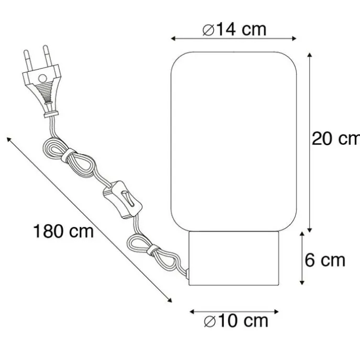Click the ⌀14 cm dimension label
(x=234, y=29)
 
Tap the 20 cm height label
(x=336, y=139)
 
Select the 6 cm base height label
(x=325, y=260)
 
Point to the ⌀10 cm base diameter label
(x=236, y=321)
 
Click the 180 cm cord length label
(x=63, y=231)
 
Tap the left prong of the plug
(x=28, y=60)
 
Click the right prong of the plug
(x=47, y=56)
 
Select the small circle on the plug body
(x=42, y=79)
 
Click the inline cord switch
(x=123, y=200)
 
